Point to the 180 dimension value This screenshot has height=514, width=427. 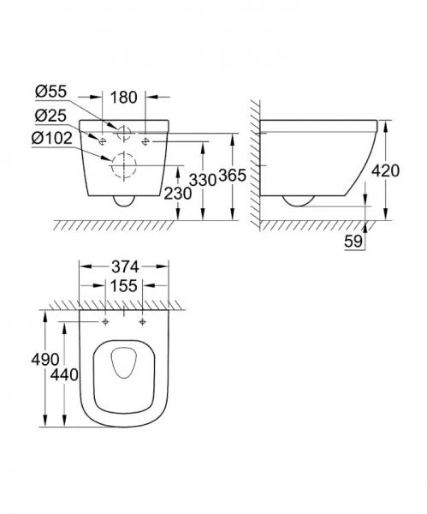click(x=125, y=97)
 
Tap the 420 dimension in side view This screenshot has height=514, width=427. click(x=409, y=171)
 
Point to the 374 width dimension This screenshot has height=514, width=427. click(x=125, y=266)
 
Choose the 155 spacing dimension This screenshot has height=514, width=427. click(x=125, y=286)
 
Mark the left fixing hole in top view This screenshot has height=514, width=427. click(x=106, y=324)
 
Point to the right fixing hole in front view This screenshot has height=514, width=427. click(x=147, y=138)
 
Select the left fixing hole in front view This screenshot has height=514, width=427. click(x=102, y=138)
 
